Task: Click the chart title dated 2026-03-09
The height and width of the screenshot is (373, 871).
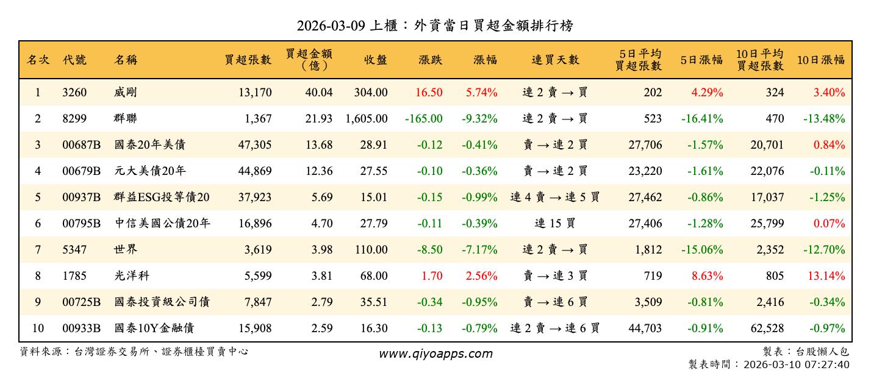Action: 435,26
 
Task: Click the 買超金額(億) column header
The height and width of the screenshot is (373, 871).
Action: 309,60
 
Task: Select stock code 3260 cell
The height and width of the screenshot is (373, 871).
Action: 74,93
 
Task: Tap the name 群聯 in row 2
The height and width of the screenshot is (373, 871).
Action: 126,119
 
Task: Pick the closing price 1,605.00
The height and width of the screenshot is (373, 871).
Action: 366,119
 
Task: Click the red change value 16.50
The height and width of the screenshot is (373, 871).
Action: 429,93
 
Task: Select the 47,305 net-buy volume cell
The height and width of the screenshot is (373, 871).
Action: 254,145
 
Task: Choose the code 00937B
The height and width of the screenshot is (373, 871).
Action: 81,197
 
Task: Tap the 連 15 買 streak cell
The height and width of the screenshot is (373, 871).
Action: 554,224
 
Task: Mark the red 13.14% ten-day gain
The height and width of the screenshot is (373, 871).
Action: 826,276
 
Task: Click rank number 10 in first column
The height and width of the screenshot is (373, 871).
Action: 38,329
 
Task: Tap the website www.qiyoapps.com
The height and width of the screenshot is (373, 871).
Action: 436,353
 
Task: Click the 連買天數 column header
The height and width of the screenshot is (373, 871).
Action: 554,60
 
